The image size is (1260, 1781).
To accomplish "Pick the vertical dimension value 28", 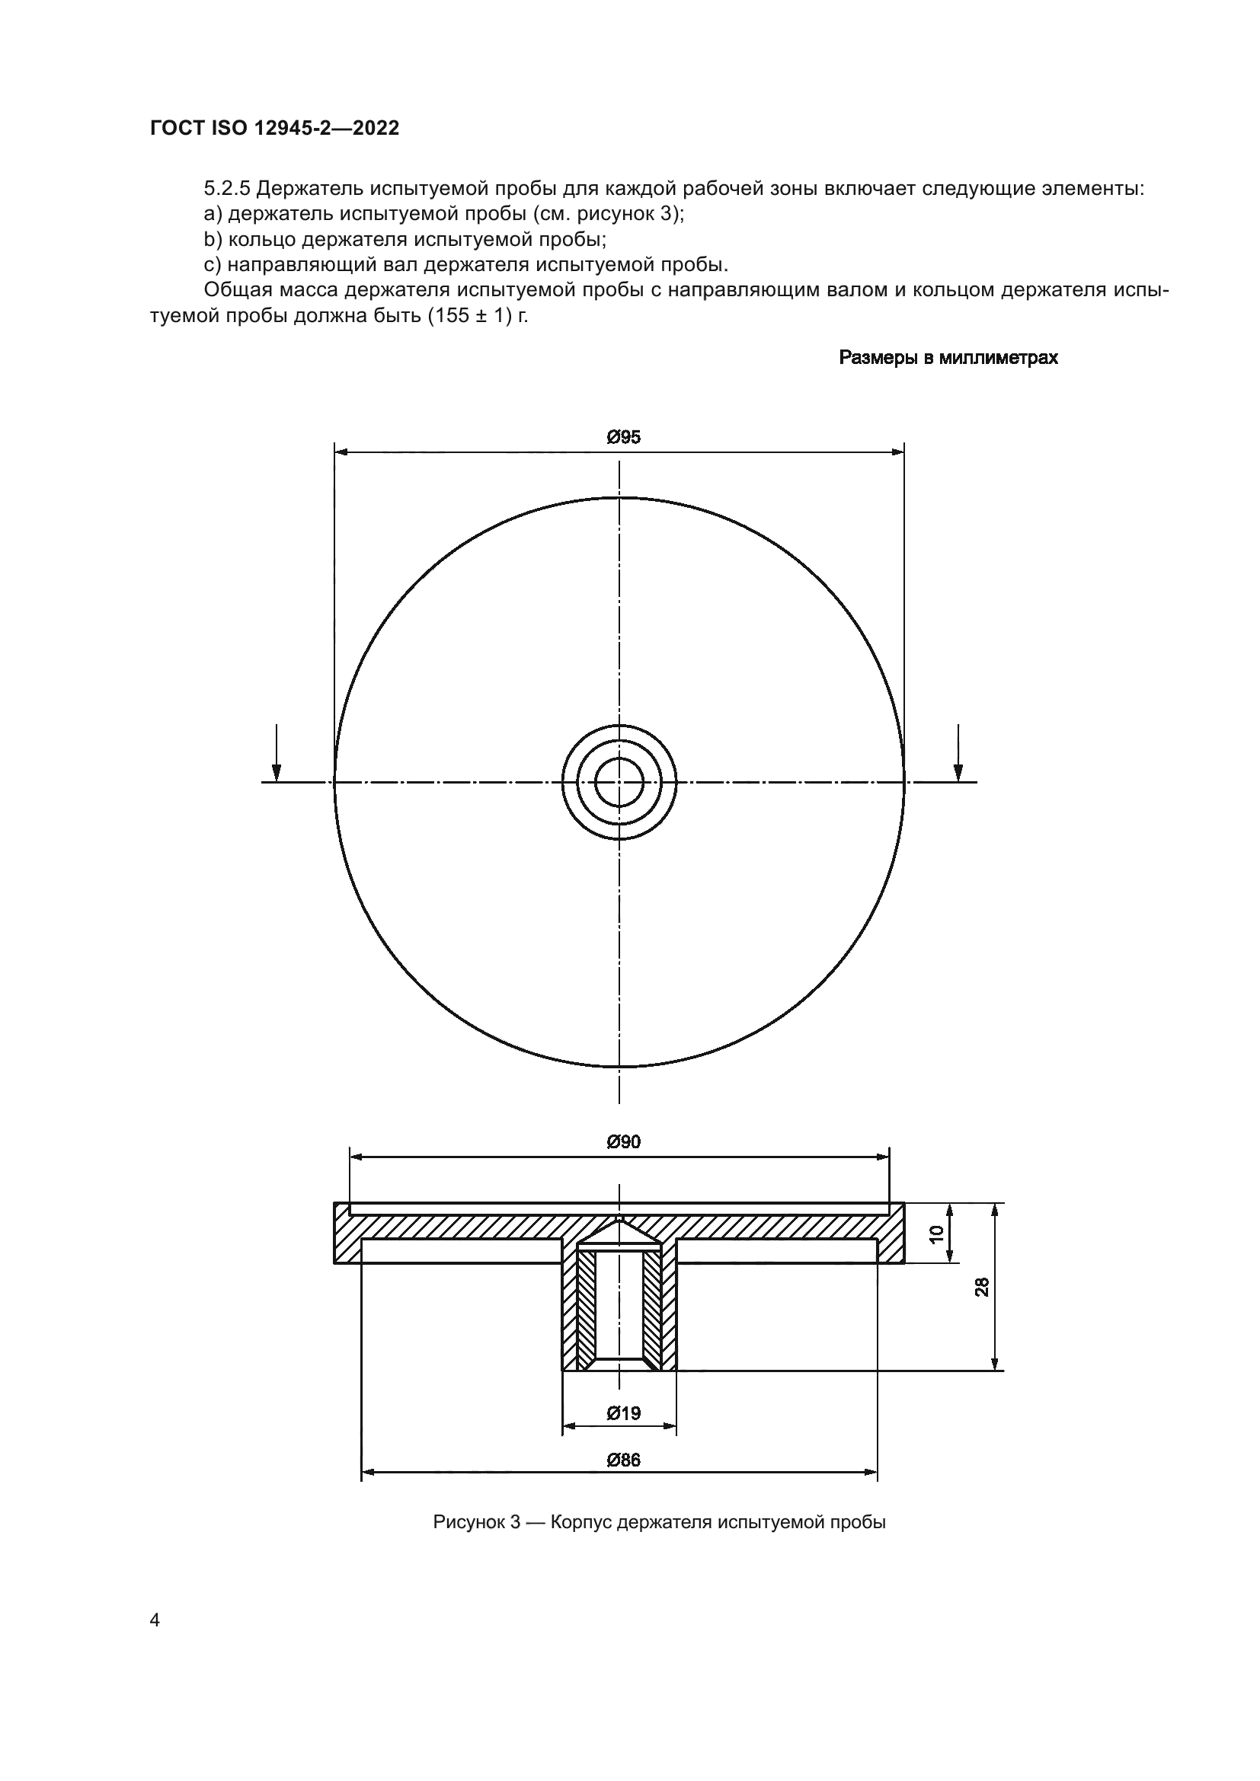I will coord(982,1287).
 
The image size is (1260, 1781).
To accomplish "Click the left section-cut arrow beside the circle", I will coord(277,752).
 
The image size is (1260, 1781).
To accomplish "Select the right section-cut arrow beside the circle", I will coord(958,752).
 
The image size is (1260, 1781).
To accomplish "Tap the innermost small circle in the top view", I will coord(619,782).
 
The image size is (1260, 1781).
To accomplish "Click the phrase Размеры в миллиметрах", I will coord(948,358).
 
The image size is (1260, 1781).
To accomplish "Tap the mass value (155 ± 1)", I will coord(469,317).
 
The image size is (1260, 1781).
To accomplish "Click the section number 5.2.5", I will coord(226,189).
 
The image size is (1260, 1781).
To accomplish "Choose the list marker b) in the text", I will coord(213,240).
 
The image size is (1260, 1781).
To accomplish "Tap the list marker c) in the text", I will coord(213,265).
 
